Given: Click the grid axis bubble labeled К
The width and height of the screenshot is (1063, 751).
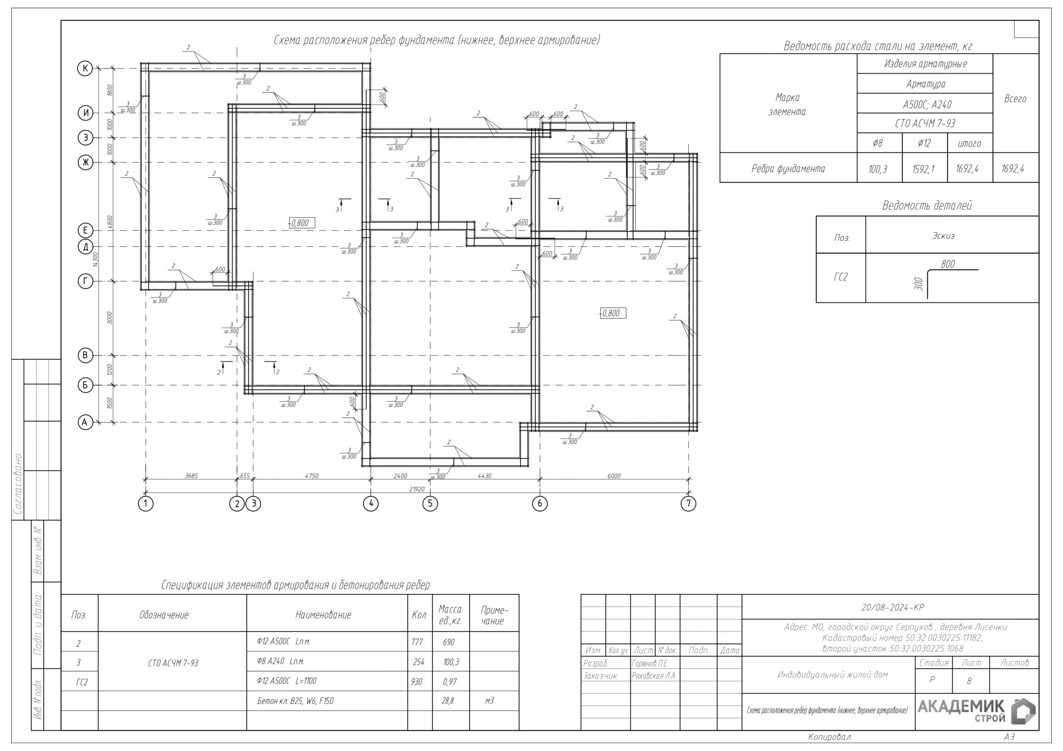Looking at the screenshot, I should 85,68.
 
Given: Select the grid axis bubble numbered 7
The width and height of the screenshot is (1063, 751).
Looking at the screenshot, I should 688,503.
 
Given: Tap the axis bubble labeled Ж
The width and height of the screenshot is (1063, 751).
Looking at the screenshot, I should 85,162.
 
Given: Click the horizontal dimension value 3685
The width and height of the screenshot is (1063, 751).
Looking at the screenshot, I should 191,475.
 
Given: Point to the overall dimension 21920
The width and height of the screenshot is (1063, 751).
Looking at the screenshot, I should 416,489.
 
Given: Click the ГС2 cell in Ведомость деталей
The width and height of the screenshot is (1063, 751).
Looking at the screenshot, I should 840,277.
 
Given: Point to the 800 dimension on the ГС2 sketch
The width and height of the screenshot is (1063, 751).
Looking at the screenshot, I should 948,264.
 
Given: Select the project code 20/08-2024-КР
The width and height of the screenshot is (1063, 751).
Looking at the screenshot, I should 892,607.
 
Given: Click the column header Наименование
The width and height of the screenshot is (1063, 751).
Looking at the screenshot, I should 323,615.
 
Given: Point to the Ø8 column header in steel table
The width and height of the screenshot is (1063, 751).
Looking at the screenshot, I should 877,144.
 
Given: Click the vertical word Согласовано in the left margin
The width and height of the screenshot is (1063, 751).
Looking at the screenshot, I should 17,485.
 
